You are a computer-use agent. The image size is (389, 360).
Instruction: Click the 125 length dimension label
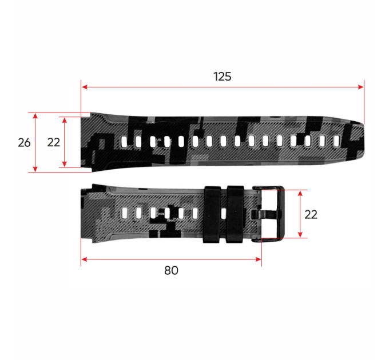point(223,77)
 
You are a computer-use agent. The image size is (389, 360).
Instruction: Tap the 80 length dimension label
point(171,270)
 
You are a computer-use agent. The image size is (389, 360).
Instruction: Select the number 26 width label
point(24,142)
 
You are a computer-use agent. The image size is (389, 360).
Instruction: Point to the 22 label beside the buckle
point(311,214)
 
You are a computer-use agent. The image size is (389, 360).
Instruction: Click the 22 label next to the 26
point(54,142)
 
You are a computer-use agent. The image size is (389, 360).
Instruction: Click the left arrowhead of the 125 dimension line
point(85,87)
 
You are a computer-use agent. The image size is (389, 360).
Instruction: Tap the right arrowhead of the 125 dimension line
point(361,87)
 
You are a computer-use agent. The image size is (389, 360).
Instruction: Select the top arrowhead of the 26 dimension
point(35,116)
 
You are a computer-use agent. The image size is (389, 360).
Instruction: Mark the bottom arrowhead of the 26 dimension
point(35,169)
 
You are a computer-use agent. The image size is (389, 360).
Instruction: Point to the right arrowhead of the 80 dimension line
point(258,259)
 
